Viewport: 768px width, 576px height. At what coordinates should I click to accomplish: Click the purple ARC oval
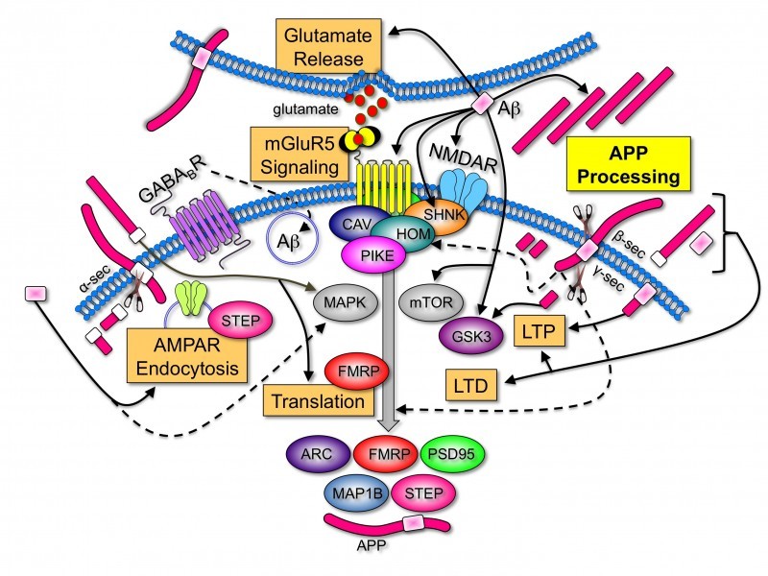pyautogui.click(x=317, y=454)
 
